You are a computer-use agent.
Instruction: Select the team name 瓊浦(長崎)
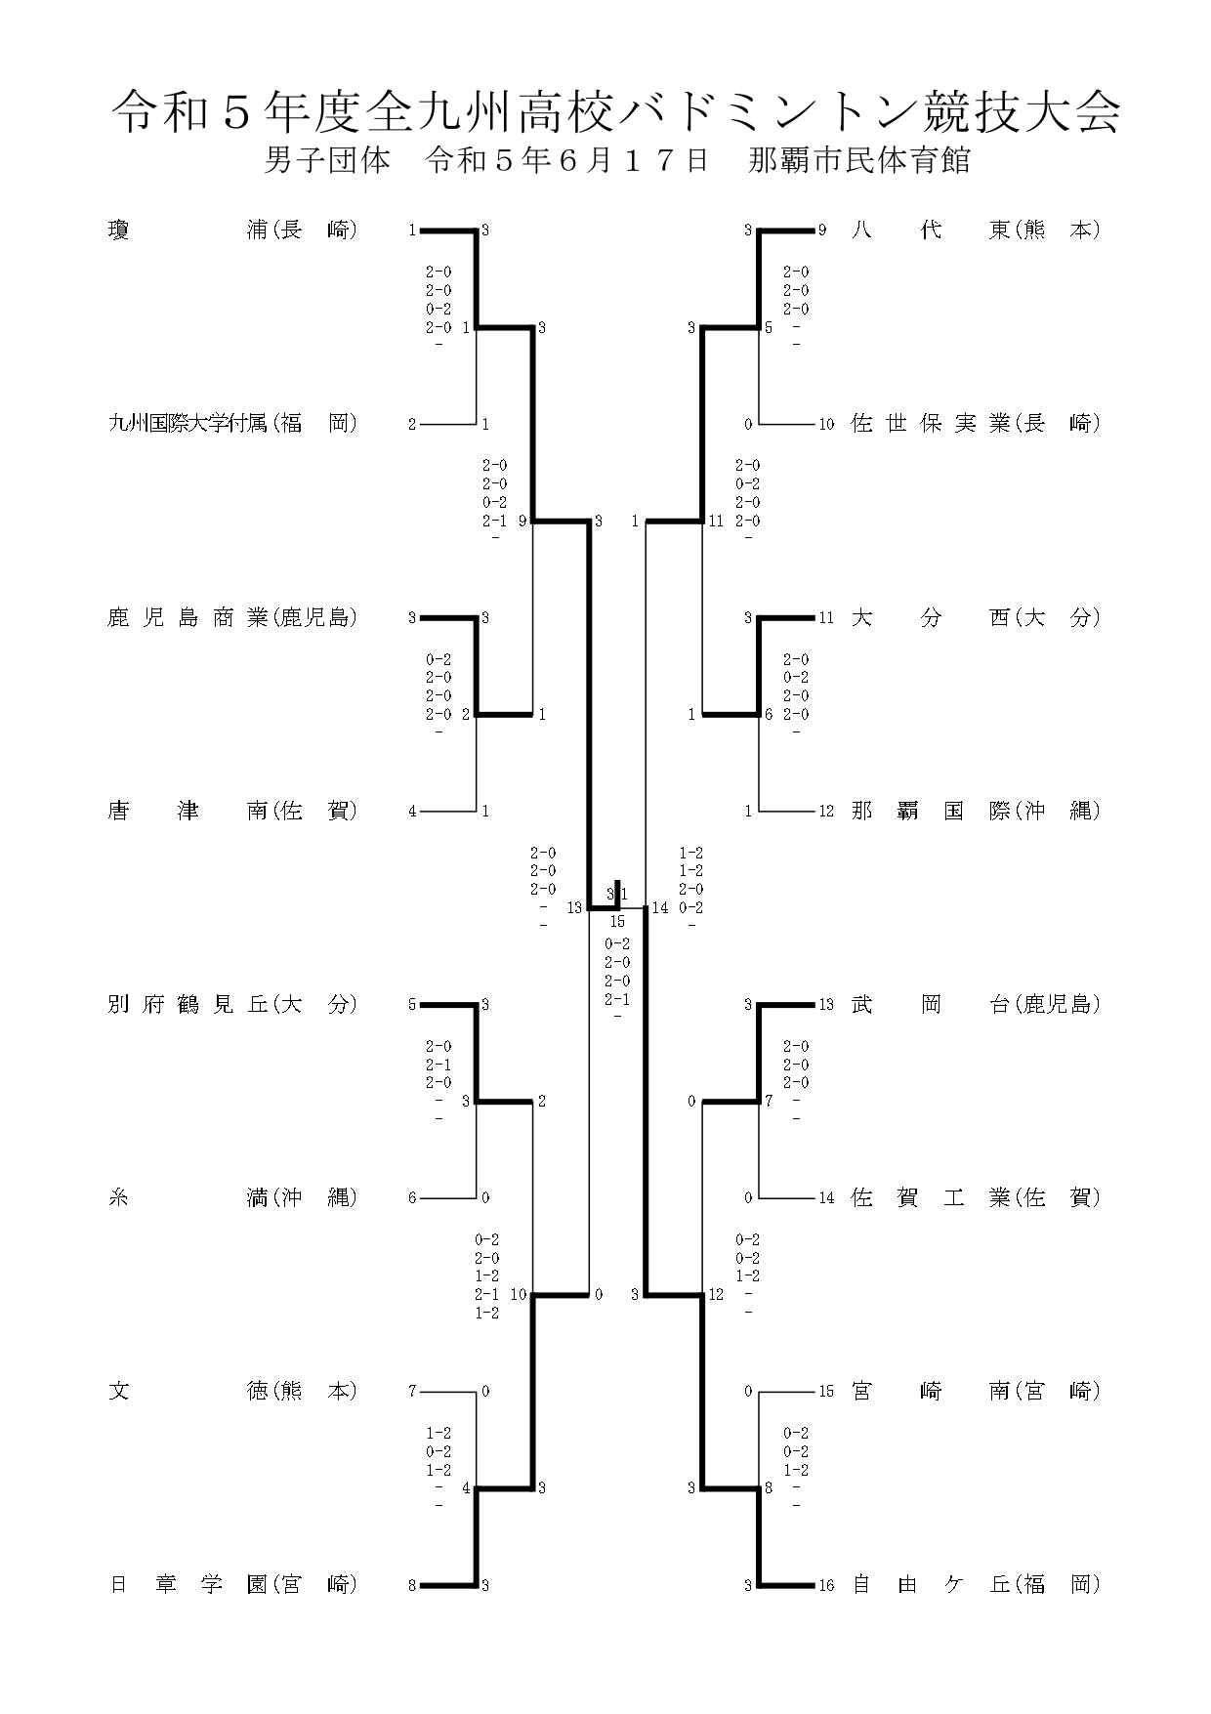coord(232,230)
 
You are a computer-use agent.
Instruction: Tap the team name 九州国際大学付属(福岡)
coord(232,424)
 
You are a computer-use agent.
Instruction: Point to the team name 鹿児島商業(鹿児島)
coord(232,617)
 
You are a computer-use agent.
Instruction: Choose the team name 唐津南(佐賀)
coord(232,811)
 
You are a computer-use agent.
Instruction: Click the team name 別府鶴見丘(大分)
coord(232,1004)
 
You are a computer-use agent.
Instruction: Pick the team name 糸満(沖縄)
coord(232,1197)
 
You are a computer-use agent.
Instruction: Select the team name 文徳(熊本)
coord(232,1391)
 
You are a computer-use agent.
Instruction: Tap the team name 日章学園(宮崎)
coord(232,1584)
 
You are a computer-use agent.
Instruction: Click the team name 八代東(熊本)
coord(977,230)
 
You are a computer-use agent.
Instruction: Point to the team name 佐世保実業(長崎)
coord(977,424)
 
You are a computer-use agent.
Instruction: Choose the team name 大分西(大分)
coord(977,617)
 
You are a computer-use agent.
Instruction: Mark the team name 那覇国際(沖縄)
coord(977,811)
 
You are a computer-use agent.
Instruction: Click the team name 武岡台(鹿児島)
coord(977,1004)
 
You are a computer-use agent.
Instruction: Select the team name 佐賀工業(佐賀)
coord(977,1197)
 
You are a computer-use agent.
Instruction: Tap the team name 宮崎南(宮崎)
coord(977,1391)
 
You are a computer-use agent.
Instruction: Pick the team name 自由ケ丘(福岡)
coord(977,1584)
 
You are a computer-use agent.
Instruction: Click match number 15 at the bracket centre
coord(617,922)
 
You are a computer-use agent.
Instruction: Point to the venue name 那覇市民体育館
coord(859,160)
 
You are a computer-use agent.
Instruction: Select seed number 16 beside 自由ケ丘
coord(826,1585)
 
